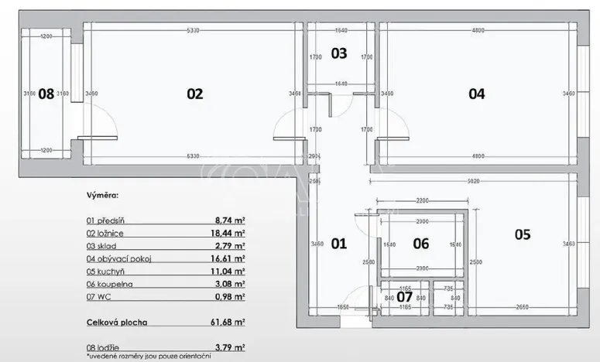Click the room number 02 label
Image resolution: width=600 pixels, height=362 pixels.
[x=194, y=94]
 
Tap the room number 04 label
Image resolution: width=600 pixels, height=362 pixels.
[x=476, y=94]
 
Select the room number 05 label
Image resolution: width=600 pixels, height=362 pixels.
[x=522, y=234]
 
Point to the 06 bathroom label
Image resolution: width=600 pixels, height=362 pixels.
[x=420, y=244]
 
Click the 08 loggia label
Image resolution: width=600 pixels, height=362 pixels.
[x=46, y=94]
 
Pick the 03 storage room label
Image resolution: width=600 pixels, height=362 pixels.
[x=339, y=53]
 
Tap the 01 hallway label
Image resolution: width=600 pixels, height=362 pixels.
[x=339, y=244]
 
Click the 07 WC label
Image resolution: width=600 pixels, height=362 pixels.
[x=405, y=295]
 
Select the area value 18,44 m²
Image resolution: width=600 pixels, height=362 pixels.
[x=230, y=232]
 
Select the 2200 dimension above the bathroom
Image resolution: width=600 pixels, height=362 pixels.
[x=420, y=200]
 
